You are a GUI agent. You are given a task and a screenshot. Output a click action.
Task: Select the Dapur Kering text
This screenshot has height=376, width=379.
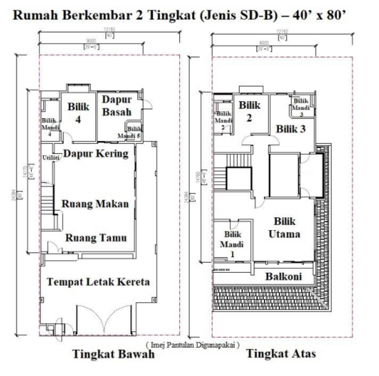(96, 153)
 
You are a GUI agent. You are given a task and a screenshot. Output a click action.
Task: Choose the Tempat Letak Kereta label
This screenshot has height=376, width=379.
(98, 282)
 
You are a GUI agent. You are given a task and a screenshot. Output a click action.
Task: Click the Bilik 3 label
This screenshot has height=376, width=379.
(291, 129)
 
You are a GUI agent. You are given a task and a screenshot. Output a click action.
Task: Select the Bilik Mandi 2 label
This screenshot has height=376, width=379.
(223, 120)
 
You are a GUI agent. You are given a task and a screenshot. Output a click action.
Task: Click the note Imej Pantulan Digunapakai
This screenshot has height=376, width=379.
(192, 344)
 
